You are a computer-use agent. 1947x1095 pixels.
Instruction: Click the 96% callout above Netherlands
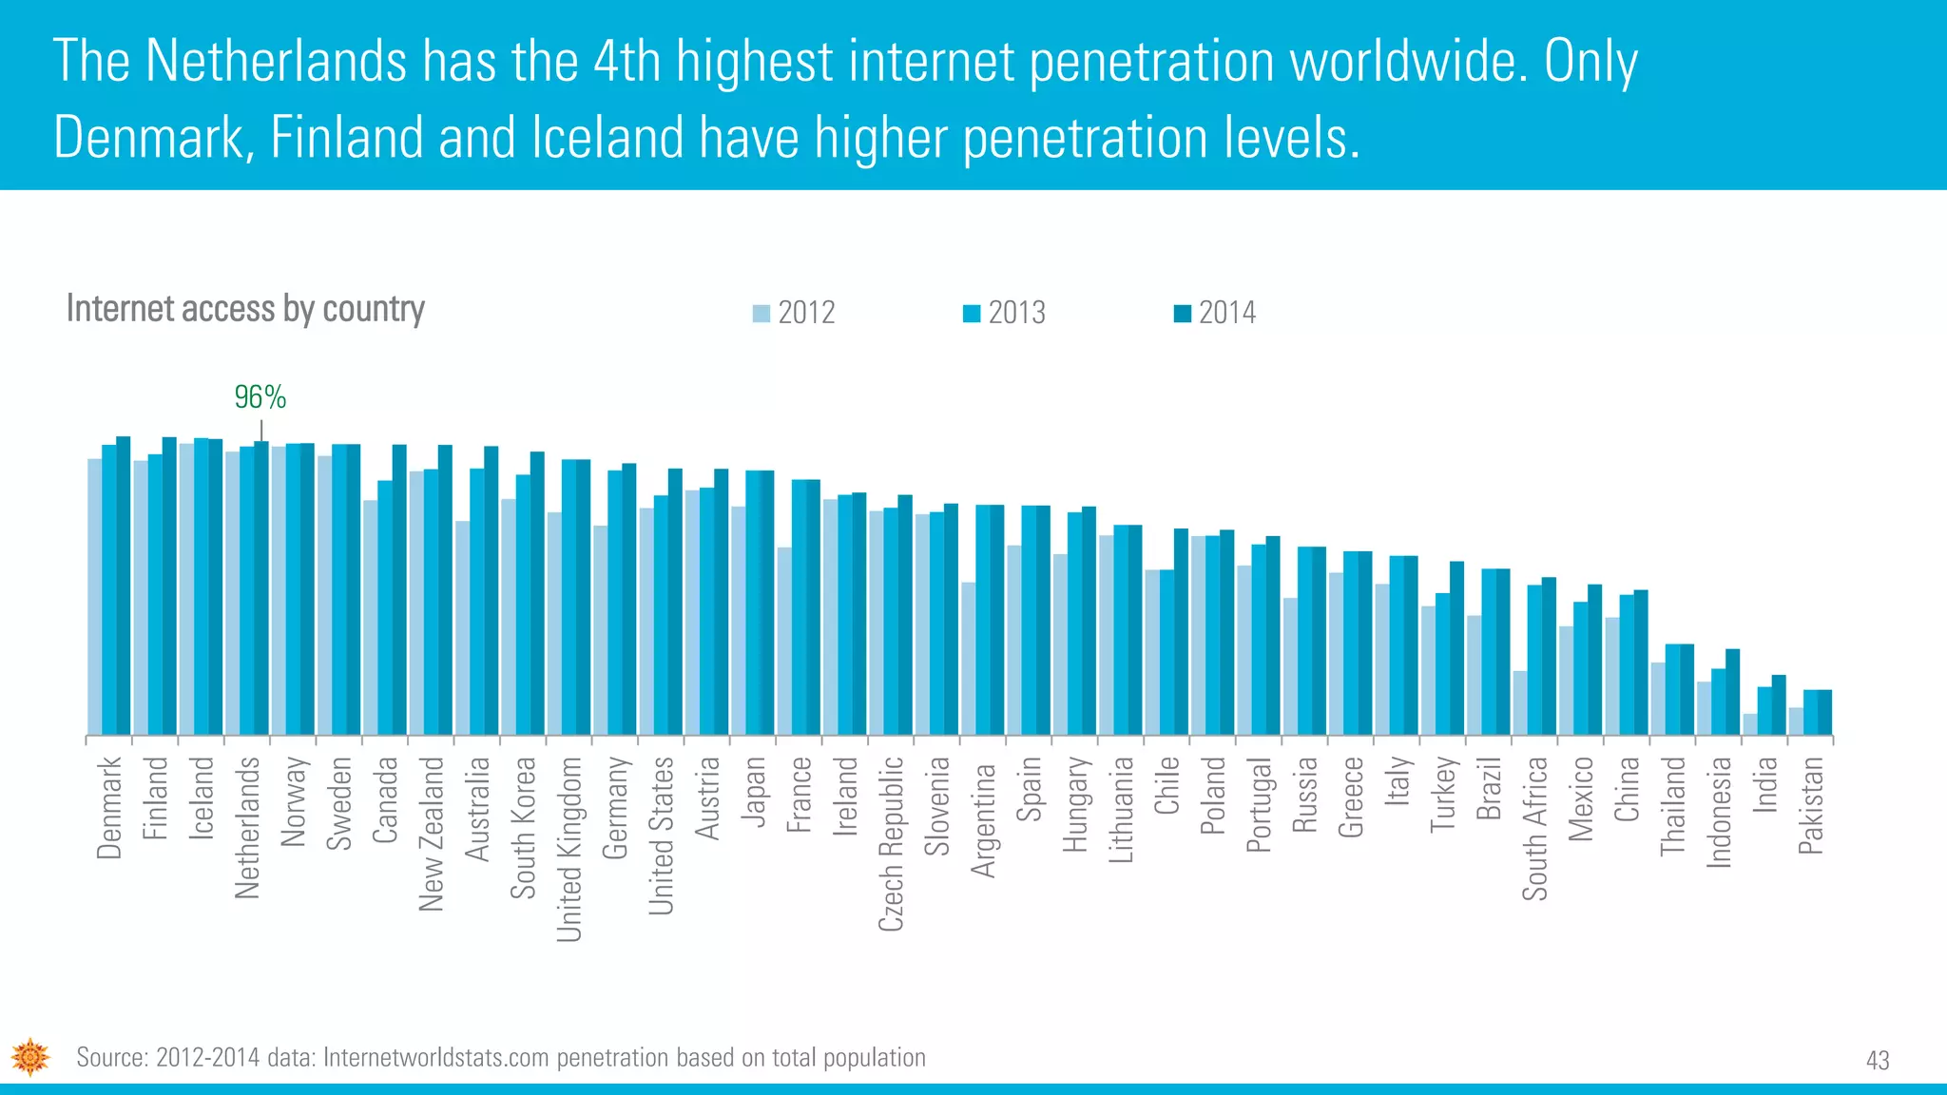(x=260, y=397)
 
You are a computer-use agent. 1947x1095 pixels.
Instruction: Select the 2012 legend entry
(x=794, y=313)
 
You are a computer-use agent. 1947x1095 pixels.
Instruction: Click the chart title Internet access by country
(x=245, y=309)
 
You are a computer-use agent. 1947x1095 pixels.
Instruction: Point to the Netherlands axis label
(x=247, y=827)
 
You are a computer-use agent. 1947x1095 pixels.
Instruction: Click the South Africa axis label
(x=1534, y=828)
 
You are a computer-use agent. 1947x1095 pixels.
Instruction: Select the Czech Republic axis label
(x=891, y=843)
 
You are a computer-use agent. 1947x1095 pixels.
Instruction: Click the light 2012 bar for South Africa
(x=1519, y=703)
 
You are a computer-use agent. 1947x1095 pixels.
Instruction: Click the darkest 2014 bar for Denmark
(x=124, y=586)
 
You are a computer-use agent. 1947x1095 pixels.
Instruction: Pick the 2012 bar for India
(x=1749, y=724)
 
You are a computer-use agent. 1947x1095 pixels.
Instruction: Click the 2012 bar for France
(x=784, y=641)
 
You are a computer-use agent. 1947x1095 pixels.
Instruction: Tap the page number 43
(x=1878, y=1060)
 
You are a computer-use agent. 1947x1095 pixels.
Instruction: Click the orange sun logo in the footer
(x=30, y=1057)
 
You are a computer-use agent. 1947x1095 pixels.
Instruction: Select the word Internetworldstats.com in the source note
(x=436, y=1058)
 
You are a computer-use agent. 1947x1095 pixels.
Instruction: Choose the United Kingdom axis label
(x=569, y=849)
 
